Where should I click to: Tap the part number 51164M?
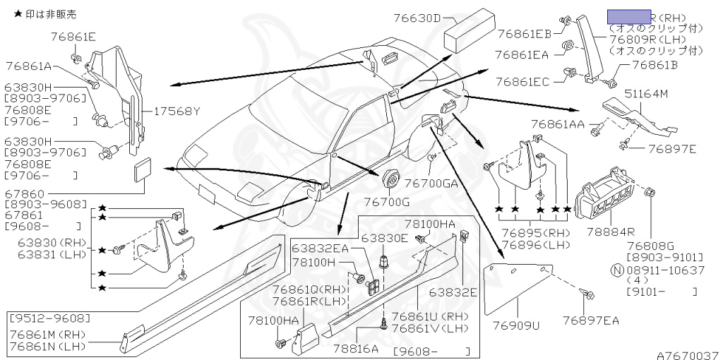click(647, 92)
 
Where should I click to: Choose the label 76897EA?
click(590, 321)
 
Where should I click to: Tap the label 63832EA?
click(320, 248)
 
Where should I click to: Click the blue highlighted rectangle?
click(628, 18)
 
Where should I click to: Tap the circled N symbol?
click(616, 270)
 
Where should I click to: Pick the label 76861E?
click(73, 35)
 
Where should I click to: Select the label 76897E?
click(672, 149)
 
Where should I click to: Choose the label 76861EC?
click(522, 82)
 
